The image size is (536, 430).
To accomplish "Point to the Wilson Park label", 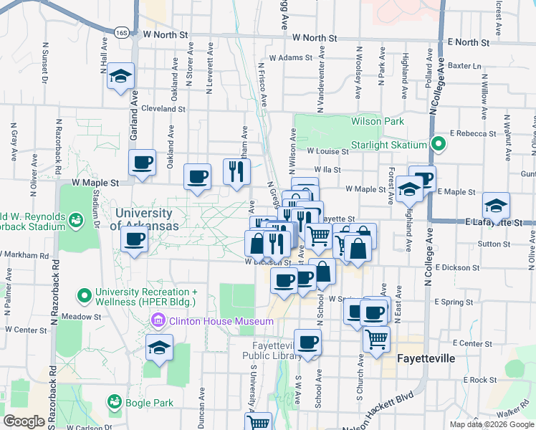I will [378, 122].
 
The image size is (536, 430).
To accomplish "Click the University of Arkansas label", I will [144, 219].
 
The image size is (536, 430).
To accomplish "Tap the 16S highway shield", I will [120, 32].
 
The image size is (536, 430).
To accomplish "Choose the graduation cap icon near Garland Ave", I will [121, 76].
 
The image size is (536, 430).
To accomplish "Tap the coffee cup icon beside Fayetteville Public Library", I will [308, 343].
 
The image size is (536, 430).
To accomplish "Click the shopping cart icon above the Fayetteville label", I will [376, 339].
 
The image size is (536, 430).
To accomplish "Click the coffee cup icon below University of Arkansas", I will [134, 242].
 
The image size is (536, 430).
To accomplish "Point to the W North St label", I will [165, 34].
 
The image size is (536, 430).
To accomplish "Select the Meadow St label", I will [101, 316].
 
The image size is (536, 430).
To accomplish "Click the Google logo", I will [25, 421].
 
